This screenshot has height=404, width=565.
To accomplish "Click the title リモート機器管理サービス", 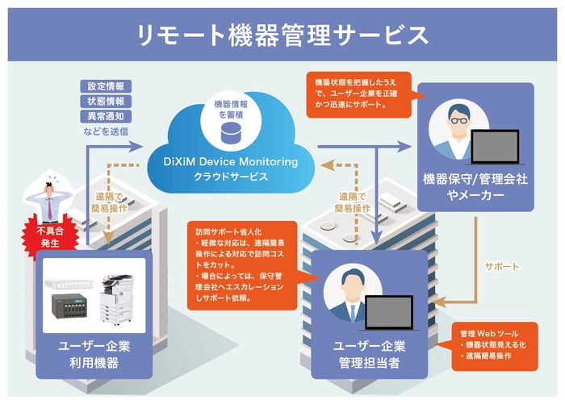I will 282,34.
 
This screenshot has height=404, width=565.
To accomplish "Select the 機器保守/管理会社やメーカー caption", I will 475,186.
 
